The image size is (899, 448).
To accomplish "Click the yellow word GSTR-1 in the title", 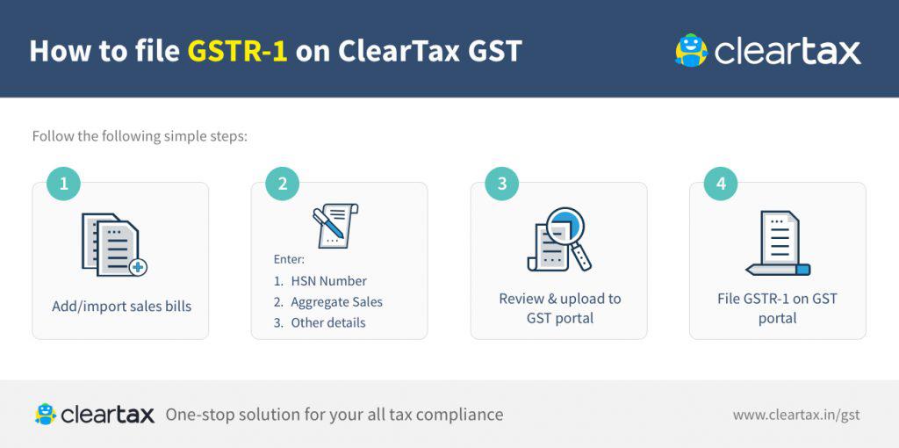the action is pos(238,50).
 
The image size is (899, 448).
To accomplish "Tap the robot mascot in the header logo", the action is pos(692,50).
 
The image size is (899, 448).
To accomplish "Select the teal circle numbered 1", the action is pos(63,184).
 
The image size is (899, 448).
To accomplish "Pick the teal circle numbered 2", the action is pos(282,184).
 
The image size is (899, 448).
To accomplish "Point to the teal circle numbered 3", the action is pos(501,184).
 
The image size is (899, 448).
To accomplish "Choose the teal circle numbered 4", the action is pos(721,184).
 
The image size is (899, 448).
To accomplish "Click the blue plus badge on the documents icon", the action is pos(138,267).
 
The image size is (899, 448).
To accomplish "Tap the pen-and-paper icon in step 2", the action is pos(335,226).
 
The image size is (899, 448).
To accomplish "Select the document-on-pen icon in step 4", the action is pos(778,243).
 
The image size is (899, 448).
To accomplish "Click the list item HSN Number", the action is pos(328,281).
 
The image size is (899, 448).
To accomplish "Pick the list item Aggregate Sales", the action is pos(336,302).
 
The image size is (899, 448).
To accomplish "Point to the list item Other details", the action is pos(328,322).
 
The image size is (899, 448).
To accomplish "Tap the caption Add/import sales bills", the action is pos(121,307).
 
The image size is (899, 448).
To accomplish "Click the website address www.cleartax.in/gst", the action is pos(796,415).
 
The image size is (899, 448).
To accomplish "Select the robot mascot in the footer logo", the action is pos(46,414).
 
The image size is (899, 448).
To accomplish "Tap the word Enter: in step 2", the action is pos(289,259).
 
